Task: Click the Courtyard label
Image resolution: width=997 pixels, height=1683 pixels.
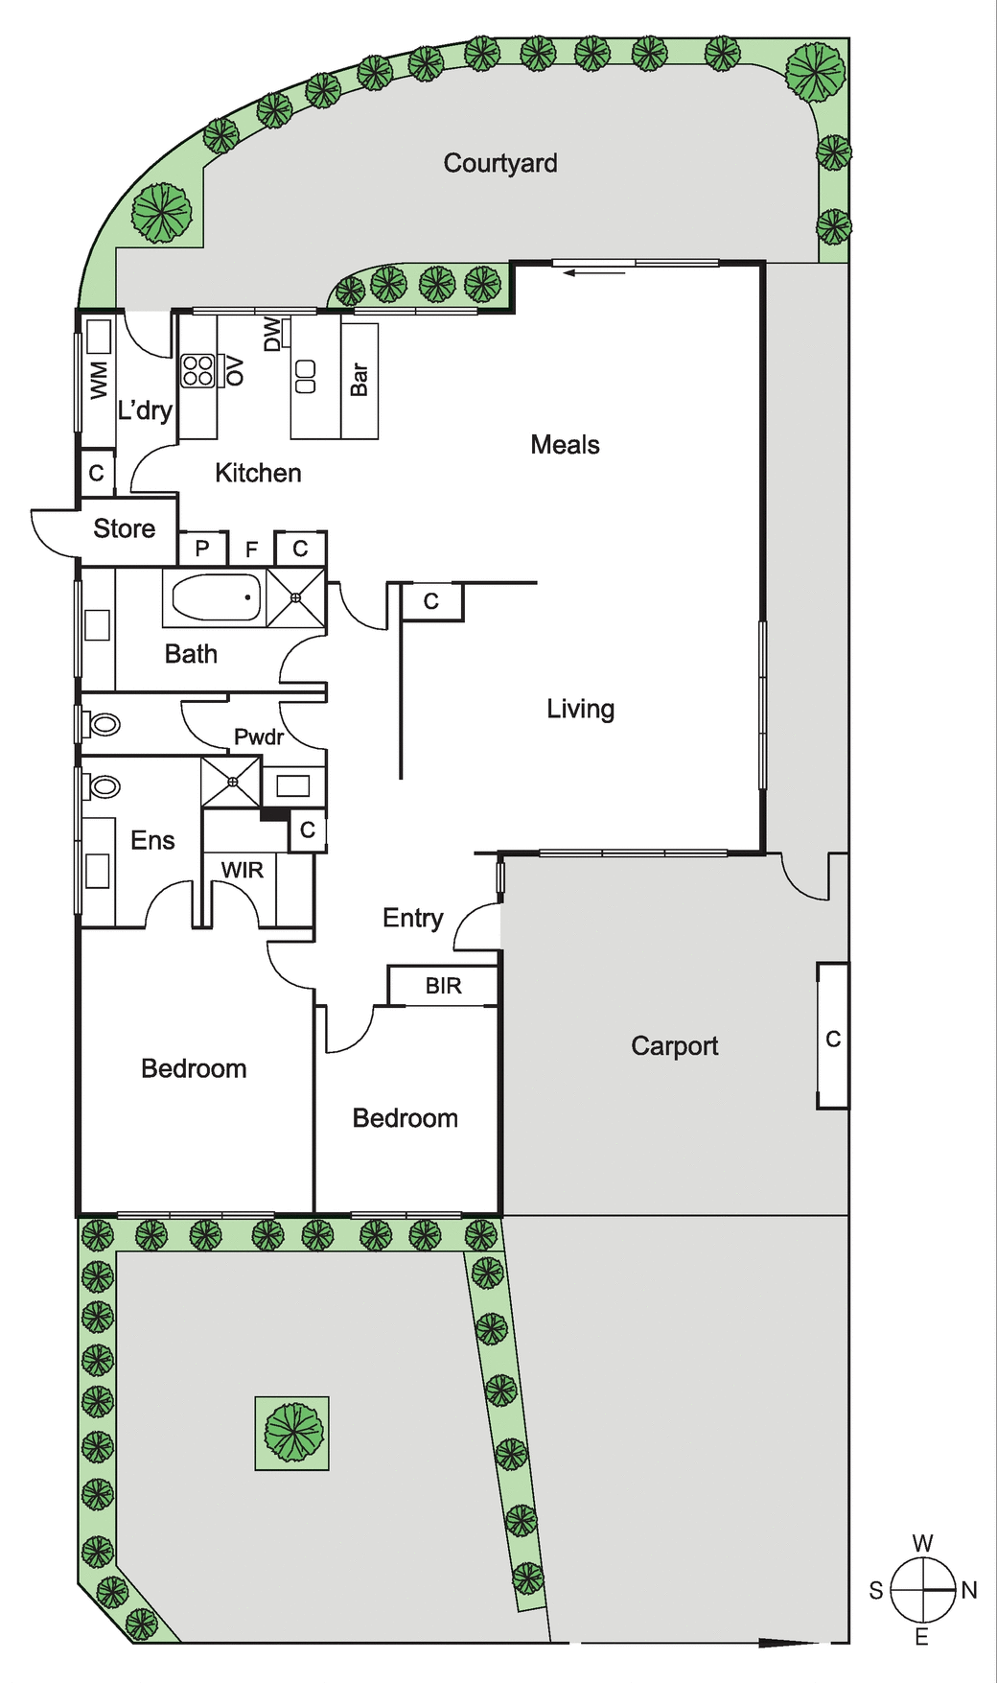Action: point(500,163)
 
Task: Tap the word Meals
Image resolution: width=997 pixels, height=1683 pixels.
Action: point(565,444)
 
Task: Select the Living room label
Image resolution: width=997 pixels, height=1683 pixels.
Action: point(580,709)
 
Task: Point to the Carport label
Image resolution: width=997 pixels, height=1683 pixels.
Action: point(674,1046)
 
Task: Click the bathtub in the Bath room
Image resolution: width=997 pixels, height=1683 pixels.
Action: point(217,597)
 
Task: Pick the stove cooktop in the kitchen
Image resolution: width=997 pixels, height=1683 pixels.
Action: point(198,370)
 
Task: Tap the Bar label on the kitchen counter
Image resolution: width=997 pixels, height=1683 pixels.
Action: point(359,379)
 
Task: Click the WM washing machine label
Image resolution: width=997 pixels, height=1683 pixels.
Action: point(99,380)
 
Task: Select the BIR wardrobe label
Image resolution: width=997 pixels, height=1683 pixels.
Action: point(443,986)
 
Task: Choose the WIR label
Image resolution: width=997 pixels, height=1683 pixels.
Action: point(242,870)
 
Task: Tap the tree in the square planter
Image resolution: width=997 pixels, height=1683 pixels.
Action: point(292,1433)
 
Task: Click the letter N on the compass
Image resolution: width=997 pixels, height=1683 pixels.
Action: point(969,1590)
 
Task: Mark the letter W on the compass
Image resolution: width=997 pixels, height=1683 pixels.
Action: point(922,1543)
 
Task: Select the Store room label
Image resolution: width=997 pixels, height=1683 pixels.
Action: point(124,528)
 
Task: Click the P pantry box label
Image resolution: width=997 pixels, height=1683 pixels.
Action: point(202,549)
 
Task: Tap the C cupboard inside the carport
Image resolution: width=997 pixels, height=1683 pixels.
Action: point(833,1039)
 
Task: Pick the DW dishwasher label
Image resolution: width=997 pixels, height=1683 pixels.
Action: point(272,335)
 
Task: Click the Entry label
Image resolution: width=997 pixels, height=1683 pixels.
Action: point(413,918)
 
